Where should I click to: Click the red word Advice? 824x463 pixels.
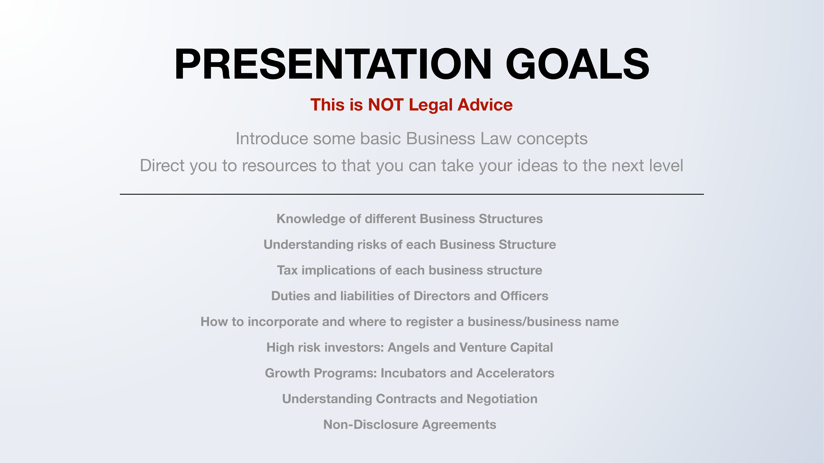(485, 105)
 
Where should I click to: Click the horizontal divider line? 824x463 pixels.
(412, 194)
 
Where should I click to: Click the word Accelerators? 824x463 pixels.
(515, 373)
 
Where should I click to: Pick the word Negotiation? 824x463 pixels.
(502, 399)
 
